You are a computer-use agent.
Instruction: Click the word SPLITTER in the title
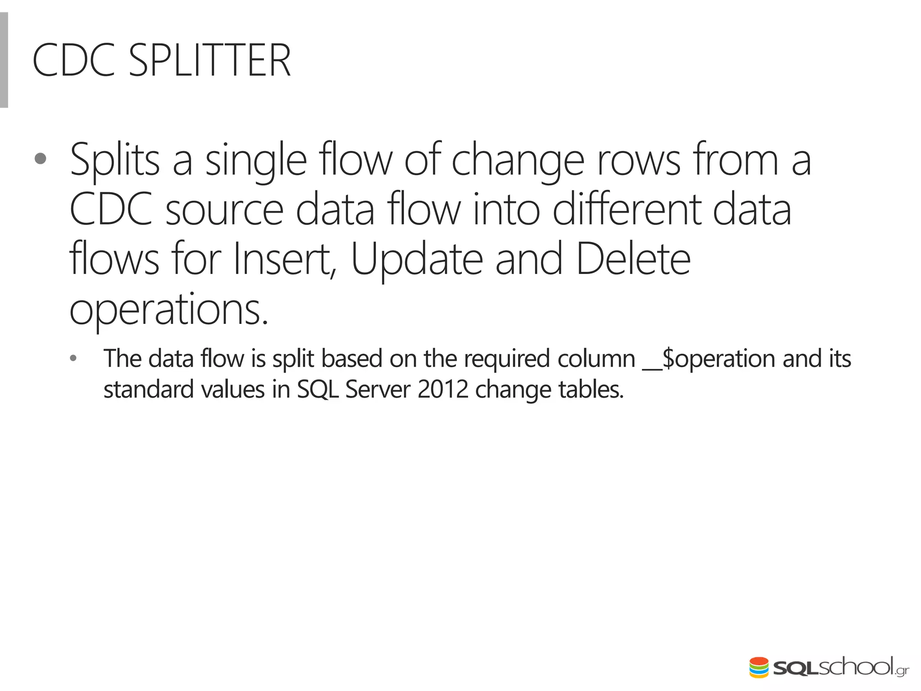210,61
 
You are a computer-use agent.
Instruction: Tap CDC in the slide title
74,61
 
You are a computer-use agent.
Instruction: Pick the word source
224,210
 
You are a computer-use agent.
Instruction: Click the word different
626,210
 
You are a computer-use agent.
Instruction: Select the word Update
417,260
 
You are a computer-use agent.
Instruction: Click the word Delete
633,260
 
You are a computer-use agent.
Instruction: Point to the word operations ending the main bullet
169,310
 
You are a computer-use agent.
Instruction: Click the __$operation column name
709,359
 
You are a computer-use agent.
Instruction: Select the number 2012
443,390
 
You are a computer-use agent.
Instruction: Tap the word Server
378,390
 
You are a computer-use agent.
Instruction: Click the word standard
148,390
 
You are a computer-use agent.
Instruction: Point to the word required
507,359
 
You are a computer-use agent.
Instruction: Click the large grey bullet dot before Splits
40,159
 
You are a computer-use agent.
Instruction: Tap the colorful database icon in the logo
759,668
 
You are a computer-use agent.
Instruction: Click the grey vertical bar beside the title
4,60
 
